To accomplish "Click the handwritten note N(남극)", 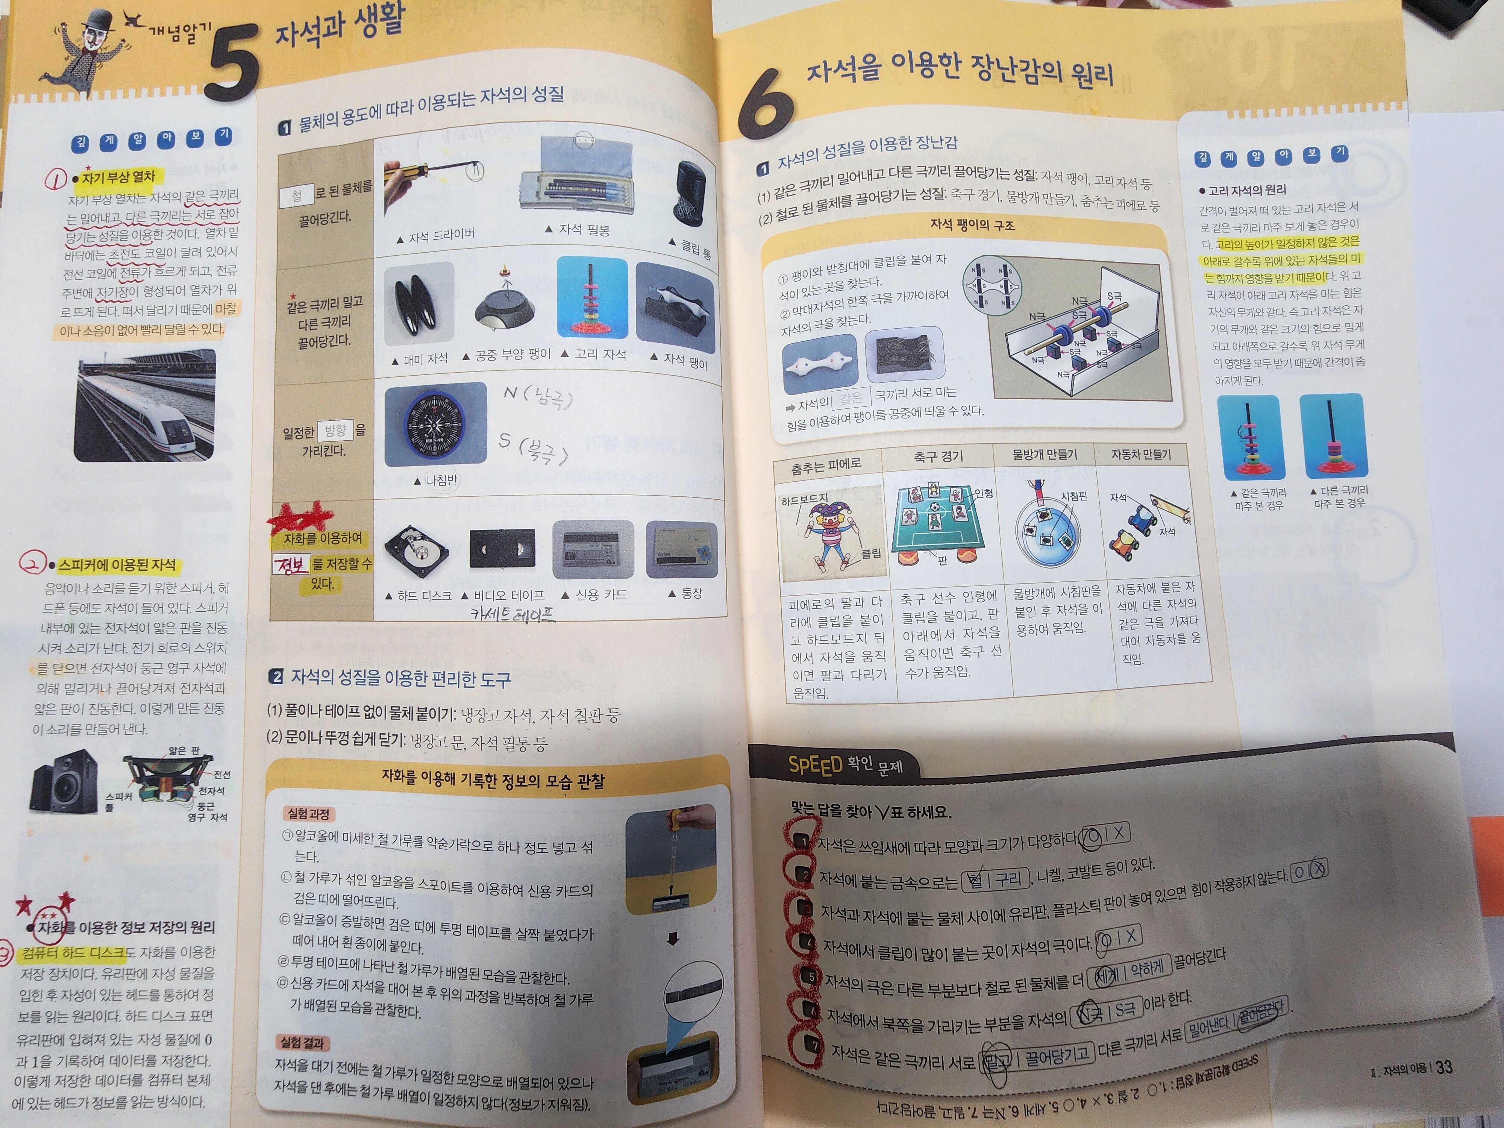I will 537,396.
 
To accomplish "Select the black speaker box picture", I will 63,782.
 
